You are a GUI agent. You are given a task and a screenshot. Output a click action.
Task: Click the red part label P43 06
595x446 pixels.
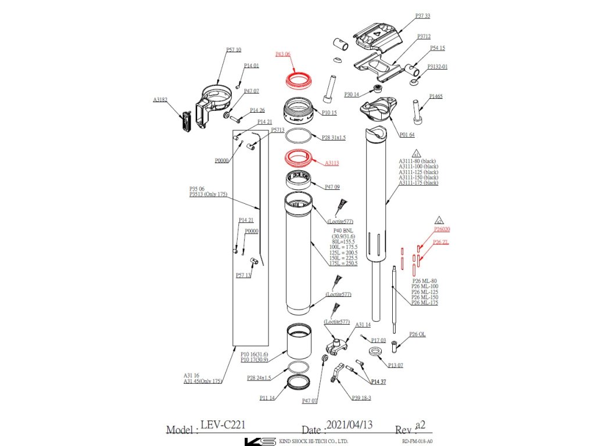pos(282,54)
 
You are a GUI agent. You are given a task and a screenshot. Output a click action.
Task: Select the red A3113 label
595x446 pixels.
pos(332,163)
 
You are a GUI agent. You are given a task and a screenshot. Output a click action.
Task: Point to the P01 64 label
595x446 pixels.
pos(407,135)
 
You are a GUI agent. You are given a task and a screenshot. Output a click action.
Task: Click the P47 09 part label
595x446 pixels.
pos(332,188)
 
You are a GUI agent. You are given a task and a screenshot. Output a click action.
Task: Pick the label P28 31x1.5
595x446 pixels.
pos(334,138)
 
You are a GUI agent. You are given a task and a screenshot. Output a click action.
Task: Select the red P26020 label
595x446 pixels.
pos(442,229)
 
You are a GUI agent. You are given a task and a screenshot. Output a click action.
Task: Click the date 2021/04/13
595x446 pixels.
pos(349,425)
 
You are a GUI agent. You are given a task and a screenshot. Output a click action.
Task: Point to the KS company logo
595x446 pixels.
pos(260,441)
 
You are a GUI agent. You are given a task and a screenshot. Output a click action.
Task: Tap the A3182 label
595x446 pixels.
pos(160,100)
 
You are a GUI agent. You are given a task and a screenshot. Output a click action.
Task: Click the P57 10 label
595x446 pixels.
pos(234,50)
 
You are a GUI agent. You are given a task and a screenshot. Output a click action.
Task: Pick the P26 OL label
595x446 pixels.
pos(417,334)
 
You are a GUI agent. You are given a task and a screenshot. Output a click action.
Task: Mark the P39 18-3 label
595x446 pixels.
pos(361,398)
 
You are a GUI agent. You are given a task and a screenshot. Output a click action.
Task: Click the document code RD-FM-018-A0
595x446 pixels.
pos(417,441)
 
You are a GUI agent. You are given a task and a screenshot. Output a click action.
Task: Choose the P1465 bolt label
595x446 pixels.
pos(436,96)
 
